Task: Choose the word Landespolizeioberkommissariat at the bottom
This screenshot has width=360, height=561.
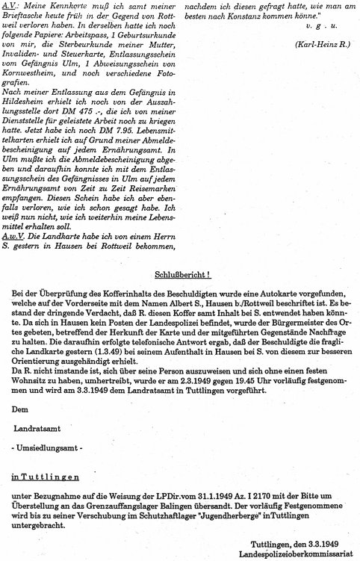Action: click(x=300, y=555)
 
